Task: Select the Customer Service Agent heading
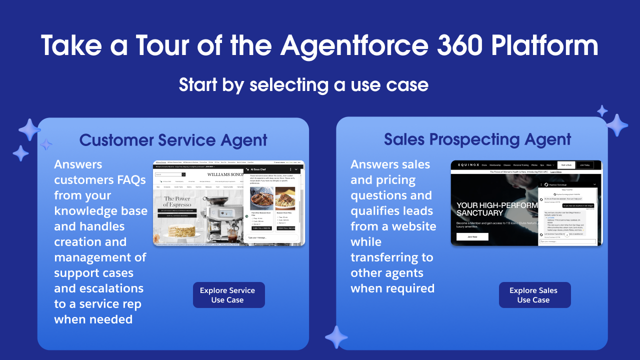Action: (173, 140)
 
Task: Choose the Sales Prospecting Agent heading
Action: (477, 139)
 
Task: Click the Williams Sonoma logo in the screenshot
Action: (225, 174)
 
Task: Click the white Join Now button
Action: (472, 236)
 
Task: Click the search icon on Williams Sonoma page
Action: (183, 174)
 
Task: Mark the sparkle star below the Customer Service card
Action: (336, 337)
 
